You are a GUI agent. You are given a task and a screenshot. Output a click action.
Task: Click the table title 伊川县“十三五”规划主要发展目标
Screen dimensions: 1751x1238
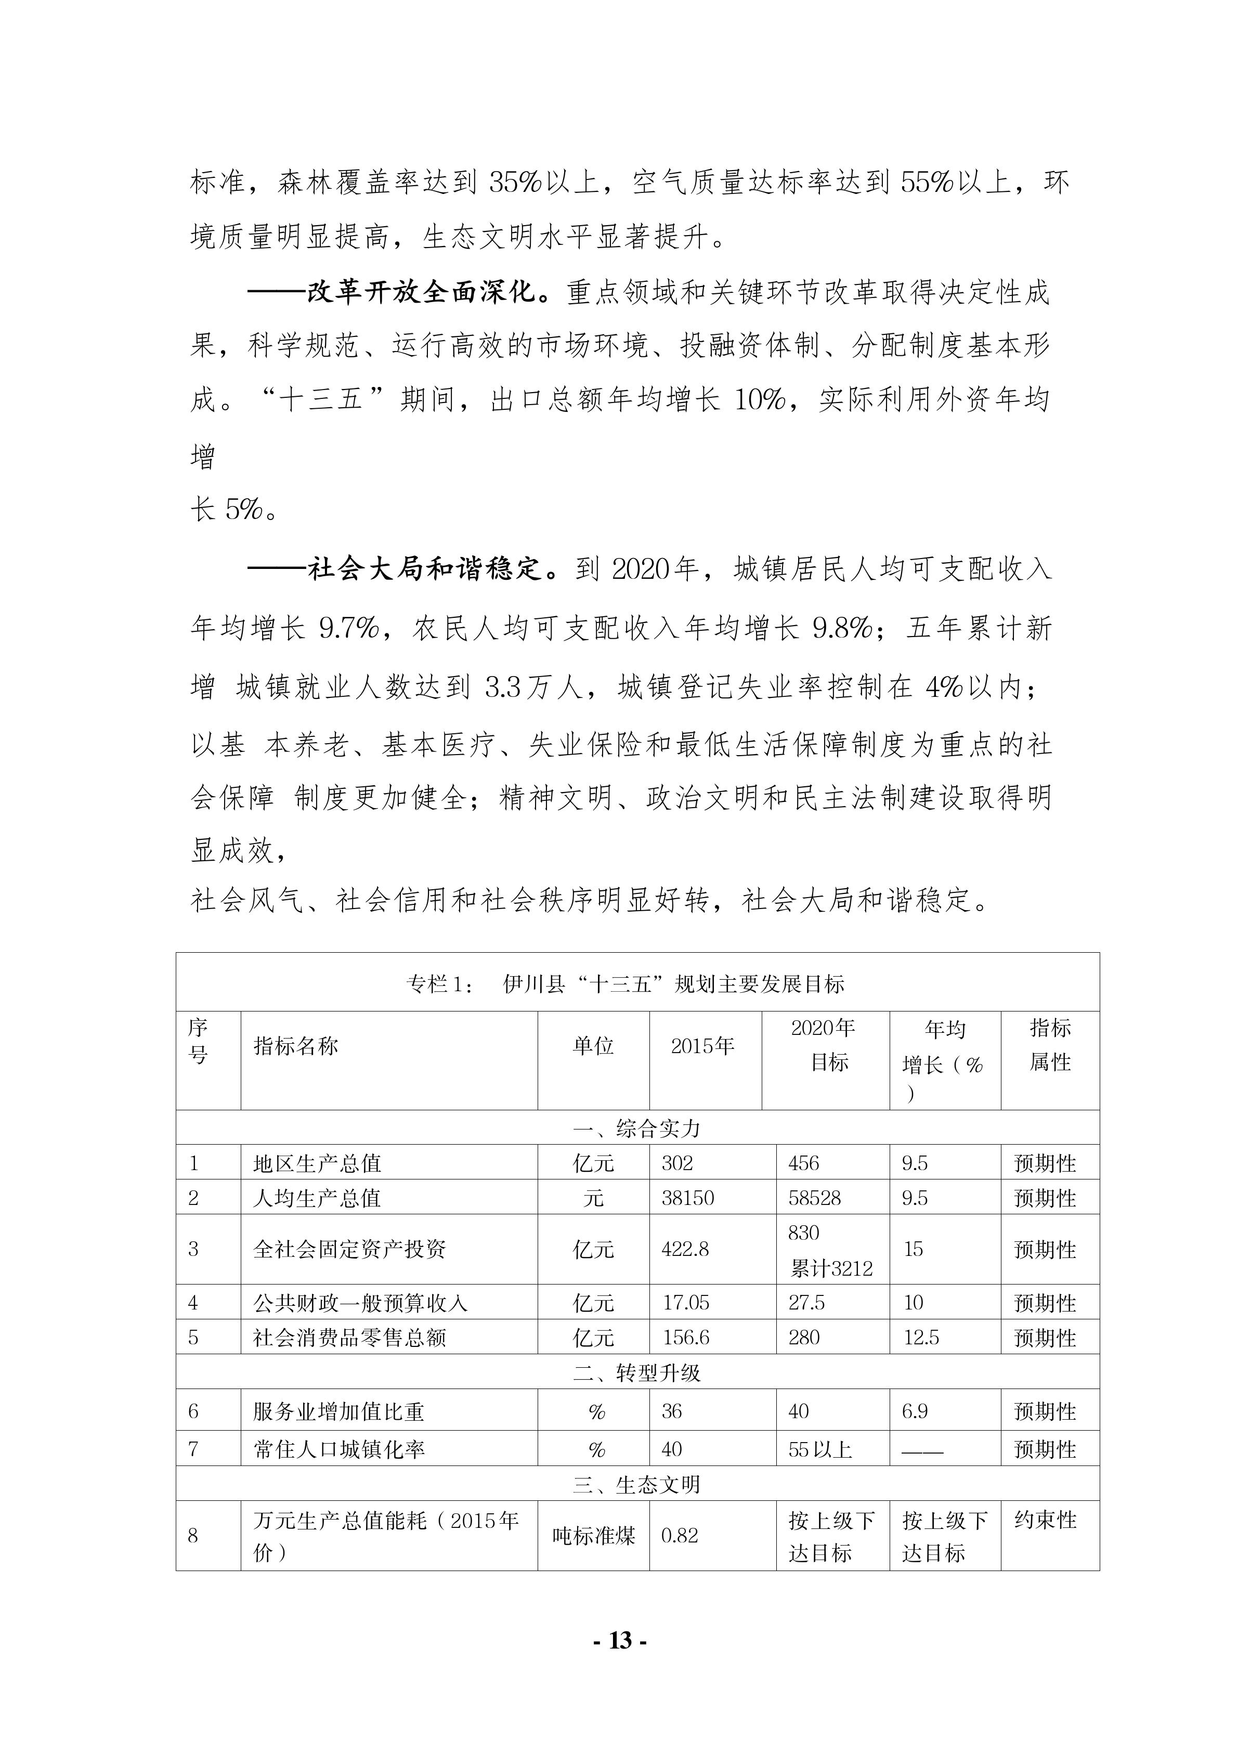pos(673,984)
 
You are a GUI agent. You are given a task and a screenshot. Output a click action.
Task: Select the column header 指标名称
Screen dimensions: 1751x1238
pos(296,1046)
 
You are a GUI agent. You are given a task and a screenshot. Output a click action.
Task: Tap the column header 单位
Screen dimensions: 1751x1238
pos(593,1046)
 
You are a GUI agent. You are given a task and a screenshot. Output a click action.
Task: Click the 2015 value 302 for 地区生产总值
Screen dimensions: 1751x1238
pos(677,1163)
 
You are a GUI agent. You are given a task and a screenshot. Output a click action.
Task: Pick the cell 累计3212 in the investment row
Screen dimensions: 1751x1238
pos(831,1268)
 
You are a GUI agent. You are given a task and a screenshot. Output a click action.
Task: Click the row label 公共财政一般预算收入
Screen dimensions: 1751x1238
pos(360,1303)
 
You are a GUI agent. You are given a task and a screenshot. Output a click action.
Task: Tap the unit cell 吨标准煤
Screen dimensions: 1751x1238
pos(593,1535)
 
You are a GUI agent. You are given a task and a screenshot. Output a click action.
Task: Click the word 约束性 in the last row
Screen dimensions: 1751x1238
pos(1045,1520)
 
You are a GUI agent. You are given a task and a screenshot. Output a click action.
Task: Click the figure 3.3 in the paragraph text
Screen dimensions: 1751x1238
pos(502,688)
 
